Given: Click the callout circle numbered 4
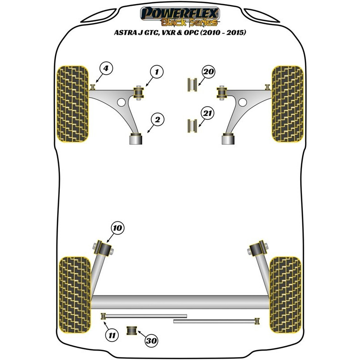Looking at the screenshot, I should click(106, 69).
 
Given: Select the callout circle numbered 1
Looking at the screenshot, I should click(157, 71).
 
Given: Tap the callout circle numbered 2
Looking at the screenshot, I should click(158, 120).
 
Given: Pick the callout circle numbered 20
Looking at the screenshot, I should click(209, 72).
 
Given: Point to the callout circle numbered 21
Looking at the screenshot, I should click(207, 113).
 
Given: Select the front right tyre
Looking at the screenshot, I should click(288, 103).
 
